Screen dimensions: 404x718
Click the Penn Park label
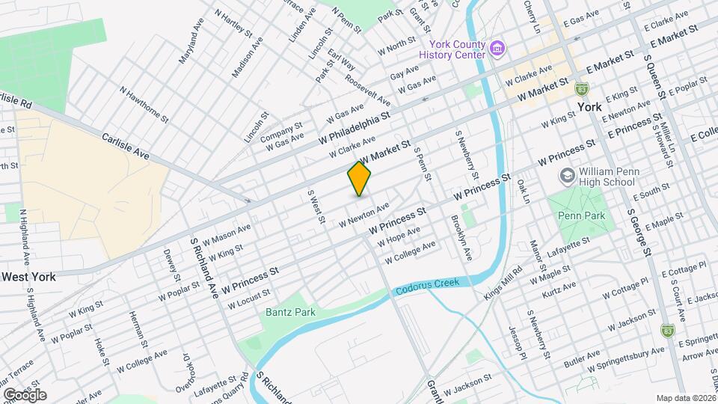pyautogui.click(x=575, y=214)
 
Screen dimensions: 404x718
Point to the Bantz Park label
pyautogui.click(x=290, y=311)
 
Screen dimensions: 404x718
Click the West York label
pyautogui.click(x=28, y=277)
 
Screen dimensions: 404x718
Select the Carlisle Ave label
pyautogui.click(x=125, y=147)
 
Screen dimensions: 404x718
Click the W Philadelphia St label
pyautogui.click(x=355, y=127)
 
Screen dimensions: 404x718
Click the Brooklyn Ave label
pyautogui.click(x=461, y=239)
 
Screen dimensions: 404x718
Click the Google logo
pyautogui.click(x=25, y=395)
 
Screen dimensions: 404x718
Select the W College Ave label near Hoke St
pyautogui.click(x=141, y=364)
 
